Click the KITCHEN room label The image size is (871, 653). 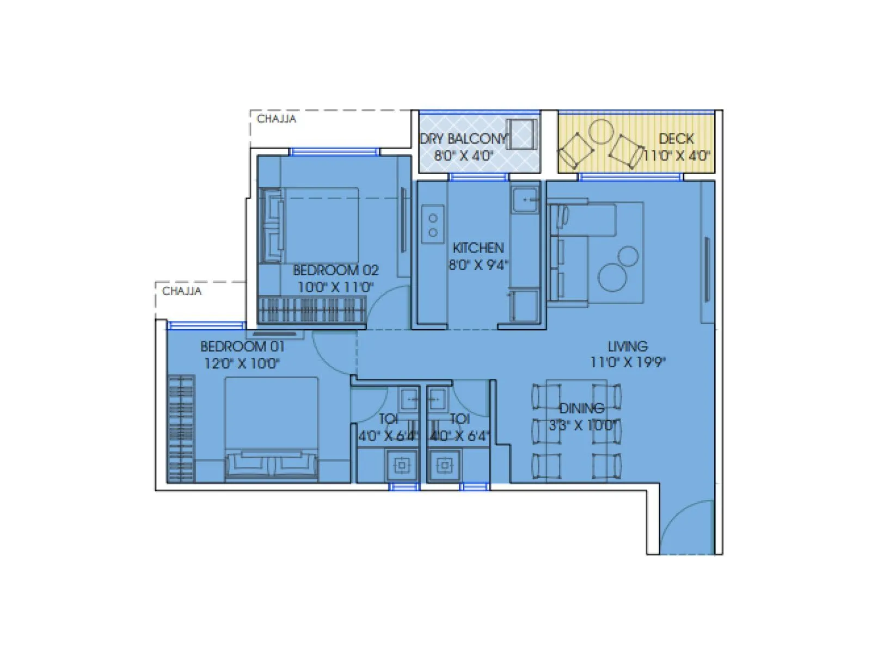[x=478, y=248]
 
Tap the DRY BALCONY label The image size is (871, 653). [x=463, y=139]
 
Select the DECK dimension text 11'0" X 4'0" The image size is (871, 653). [x=677, y=156]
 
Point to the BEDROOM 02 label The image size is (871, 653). [x=335, y=270]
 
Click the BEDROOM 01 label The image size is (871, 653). [x=242, y=346]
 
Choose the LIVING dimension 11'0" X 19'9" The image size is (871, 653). [x=628, y=362]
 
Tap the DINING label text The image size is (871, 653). [x=581, y=408]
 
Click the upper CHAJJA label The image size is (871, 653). [x=277, y=119]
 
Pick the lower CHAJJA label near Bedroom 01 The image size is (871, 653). [x=182, y=291]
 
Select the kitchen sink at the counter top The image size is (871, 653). [x=524, y=200]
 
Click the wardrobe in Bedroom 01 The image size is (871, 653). [x=181, y=429]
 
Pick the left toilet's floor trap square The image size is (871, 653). [x=402, y=465]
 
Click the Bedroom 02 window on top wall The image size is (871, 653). [x=334, y=152]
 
